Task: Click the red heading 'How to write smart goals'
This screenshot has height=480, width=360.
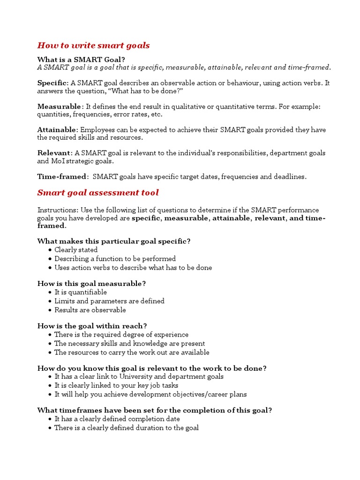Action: coord(93,45)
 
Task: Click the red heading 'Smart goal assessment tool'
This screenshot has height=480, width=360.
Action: coord(98,193)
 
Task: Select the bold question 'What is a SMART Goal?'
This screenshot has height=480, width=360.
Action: coord(81,60)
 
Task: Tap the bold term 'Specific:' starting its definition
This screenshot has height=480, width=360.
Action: coord(53,83)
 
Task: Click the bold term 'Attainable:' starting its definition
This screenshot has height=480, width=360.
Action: coord(58,130)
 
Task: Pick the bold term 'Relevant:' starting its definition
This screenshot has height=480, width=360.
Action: coord(55,153)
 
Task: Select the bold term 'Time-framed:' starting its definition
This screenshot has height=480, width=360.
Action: coord(62,177)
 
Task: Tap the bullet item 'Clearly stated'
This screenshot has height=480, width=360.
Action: coord(76,250)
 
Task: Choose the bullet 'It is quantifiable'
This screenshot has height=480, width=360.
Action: coord(81,292)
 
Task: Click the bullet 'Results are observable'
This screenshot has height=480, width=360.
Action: coord(90,310)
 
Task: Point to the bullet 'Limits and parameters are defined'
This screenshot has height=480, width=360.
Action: coord(109,301)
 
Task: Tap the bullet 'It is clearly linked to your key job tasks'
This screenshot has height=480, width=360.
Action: coord(116,385)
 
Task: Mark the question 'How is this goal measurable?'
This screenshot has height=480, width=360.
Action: coord(91,284)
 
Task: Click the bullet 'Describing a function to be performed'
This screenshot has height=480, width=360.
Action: coord(115,259)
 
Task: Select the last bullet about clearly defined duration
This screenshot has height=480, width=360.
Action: coord(127,427)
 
